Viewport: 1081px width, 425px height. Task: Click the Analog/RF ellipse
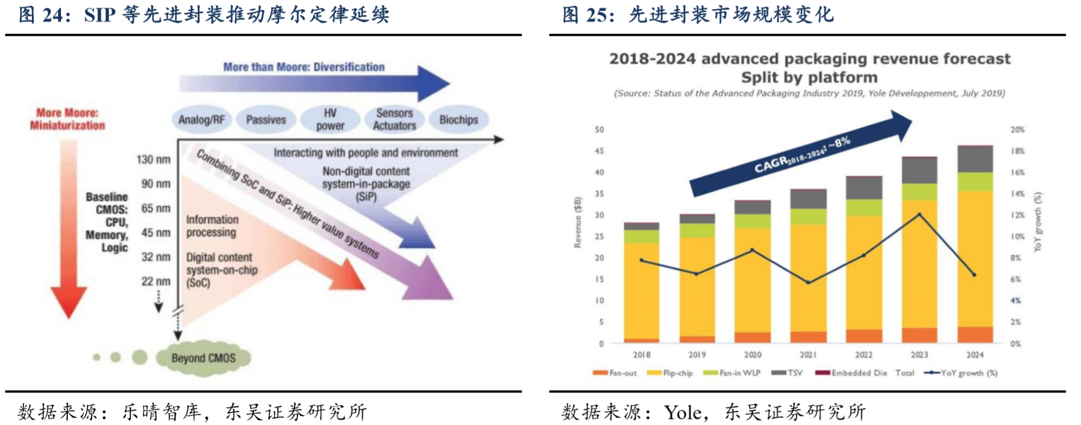pos(201,120)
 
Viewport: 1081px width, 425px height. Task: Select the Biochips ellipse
pos(458,120)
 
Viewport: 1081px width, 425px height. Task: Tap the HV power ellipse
pos(330,120)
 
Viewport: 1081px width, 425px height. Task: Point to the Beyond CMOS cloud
pos(203,358)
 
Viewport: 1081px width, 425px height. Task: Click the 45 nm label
pos(155,232)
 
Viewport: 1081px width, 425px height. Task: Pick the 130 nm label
pos(153,160)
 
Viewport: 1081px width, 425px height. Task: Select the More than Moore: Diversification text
pos(304,67)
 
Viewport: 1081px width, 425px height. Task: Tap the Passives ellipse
pos(266,120)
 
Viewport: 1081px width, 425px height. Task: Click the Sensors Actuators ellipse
pos(394,120)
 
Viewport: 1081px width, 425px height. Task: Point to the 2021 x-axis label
pos(808,355)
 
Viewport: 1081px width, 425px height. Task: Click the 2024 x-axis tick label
pos(974,355)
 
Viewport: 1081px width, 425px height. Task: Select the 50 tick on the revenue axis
pos(599,130)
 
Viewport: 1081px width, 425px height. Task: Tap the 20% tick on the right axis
pos(1017,130)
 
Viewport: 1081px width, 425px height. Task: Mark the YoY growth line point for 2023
pos(919,215)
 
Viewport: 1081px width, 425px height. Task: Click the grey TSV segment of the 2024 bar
pos(974,160)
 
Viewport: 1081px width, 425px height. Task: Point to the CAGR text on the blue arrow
pos(802,156)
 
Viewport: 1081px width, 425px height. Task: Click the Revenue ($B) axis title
pos(578,222)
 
